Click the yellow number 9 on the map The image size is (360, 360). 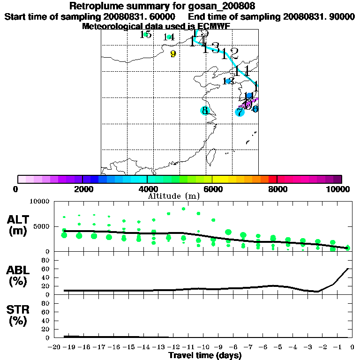point(173,54)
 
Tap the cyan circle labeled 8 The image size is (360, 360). point(205,111)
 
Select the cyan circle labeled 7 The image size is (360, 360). point(240,112)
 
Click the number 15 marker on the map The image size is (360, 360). point(146,34)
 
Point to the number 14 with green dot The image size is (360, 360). point(169,37)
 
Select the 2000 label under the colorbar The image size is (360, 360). point(82,189)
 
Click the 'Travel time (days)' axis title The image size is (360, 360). point(205,356)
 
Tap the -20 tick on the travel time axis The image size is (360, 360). point(55,347)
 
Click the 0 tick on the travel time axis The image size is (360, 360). point(352,347)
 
